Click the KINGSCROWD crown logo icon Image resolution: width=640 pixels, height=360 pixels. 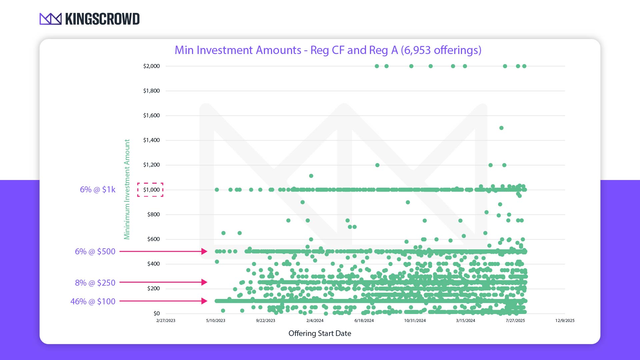50,19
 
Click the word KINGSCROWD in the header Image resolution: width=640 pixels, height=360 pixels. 102,19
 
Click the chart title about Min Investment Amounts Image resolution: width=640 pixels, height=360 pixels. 328,50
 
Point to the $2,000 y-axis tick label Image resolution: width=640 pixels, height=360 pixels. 151,66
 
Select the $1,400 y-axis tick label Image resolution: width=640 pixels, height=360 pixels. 151,140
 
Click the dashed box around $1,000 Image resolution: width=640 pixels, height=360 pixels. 150,190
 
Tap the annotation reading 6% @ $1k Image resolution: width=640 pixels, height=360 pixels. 98,190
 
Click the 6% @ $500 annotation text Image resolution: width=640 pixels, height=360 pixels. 95,251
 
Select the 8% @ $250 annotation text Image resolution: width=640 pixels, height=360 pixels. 95,283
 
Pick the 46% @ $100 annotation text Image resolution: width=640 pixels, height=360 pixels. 93,301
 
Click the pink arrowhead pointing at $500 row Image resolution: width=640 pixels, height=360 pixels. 204,251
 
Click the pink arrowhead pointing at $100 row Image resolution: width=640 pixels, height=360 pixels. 204,301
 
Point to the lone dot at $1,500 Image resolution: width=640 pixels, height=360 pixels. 501,128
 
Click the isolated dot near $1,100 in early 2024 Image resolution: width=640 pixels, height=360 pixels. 311,176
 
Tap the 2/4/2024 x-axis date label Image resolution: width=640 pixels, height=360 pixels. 315,321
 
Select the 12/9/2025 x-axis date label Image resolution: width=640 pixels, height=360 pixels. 565,321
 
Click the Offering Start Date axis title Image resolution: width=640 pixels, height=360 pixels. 320,333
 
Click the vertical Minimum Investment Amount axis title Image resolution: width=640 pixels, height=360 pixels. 127,189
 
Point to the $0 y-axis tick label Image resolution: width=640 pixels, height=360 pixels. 156,313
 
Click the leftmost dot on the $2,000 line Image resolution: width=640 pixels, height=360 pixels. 377,66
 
